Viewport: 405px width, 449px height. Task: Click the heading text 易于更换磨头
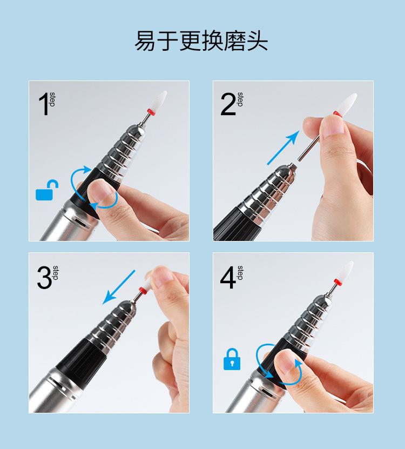click(x=201, y=41)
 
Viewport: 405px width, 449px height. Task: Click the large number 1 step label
click(x=46, y=104)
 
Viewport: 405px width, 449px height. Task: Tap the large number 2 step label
click(x=232, y=104)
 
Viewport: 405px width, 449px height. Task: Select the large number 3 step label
click(x=48, y=277)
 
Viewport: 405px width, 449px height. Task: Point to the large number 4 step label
click(x=232, y=277)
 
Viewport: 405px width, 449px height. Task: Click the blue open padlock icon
click(x=47, y=190)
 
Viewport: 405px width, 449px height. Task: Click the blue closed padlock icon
click(x=232, y=359)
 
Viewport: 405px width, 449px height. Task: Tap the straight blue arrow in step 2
click(x=283, y=148)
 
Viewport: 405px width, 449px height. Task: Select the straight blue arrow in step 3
click(x=118, y=287)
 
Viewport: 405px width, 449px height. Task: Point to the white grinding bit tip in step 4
click(x=346, y=270)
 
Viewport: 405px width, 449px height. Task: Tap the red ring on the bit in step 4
click(x=337, y=282)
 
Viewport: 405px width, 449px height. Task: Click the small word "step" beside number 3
click(x=56, y=273)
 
